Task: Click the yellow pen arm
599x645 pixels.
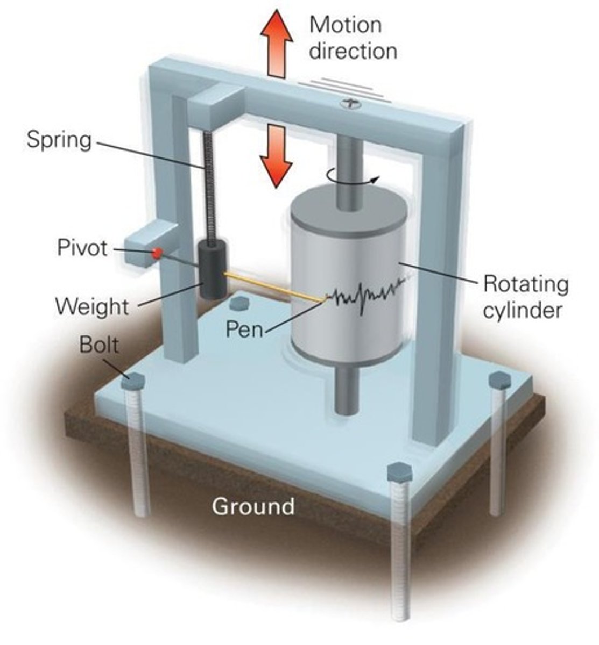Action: [x=274, y=287]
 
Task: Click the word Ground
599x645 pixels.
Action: [x=253, y=506]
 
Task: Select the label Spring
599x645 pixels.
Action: [x=59, y=140]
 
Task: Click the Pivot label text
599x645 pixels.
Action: [x=82, y=248]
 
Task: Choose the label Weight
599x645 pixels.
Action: [x=92, y=307]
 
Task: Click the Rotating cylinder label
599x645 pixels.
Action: [x=525, y=297]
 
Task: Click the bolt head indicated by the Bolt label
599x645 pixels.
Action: [x=132, y=382]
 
